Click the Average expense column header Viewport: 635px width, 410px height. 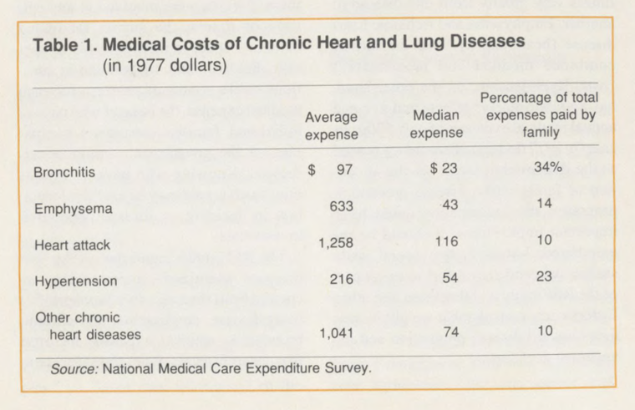[x=331, y=125]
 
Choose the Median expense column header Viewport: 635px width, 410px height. [x=437, y=125]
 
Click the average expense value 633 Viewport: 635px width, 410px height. [x=342, y=207]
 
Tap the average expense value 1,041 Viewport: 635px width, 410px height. [x=338, y=333]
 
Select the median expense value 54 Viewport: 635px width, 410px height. [x=450, y=278]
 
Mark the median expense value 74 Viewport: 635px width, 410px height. [x=450, y=332]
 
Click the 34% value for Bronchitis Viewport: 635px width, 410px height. [x=546, y=169]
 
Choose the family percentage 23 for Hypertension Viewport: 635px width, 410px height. [x=544, y=277]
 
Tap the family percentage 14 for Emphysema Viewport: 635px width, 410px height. [x=544, y=205]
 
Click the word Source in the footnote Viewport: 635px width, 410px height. [x=74, y=367]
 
